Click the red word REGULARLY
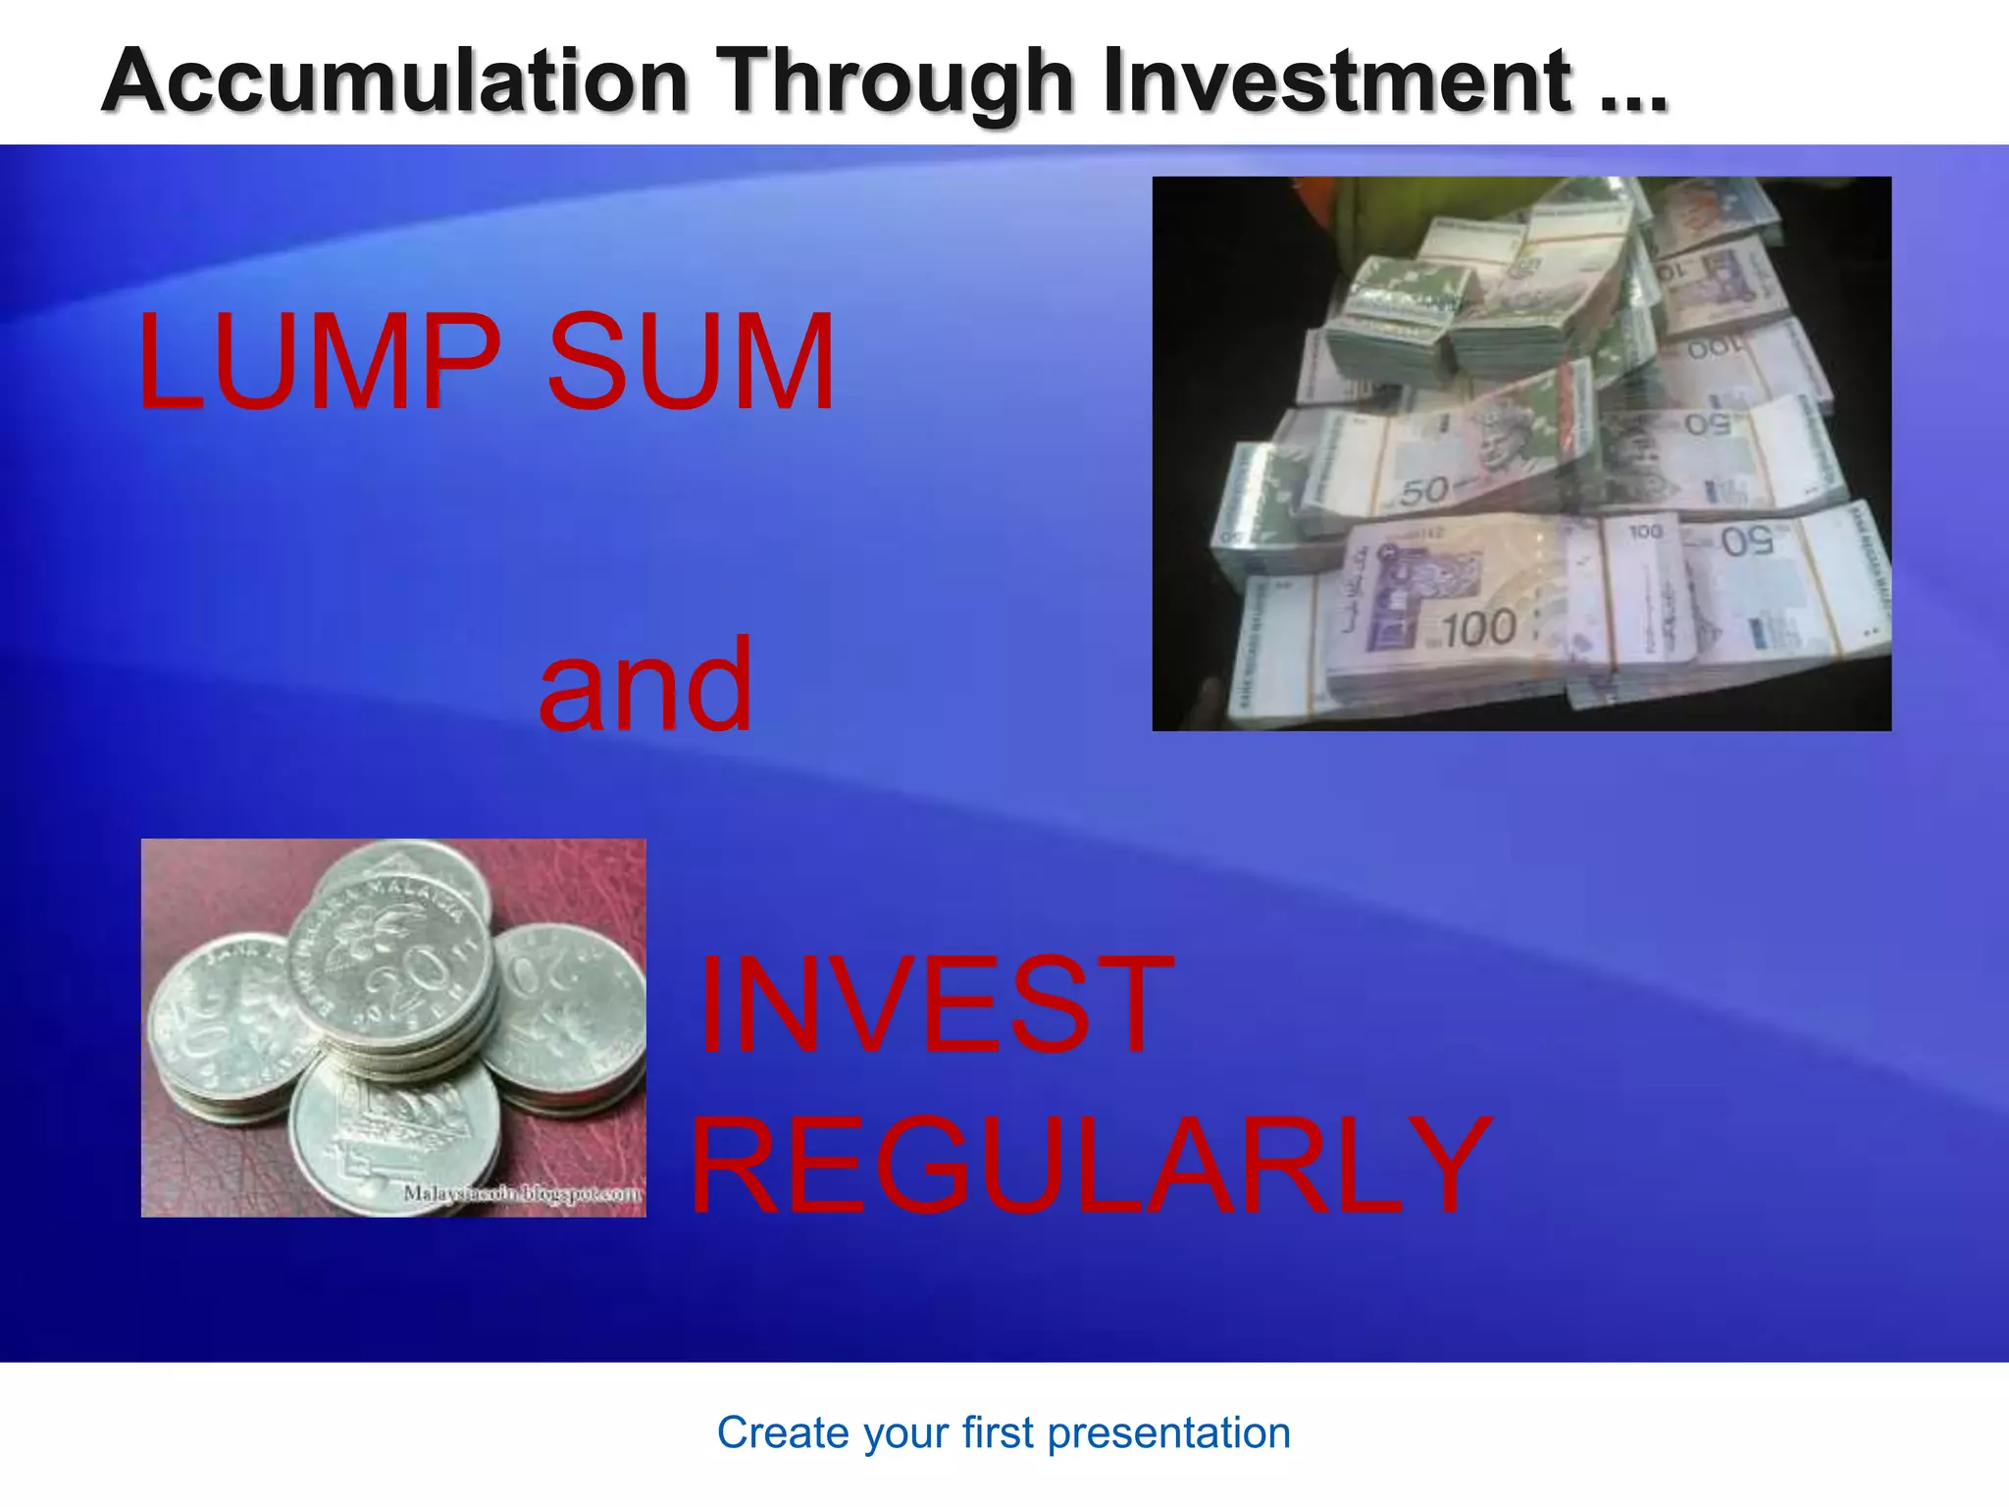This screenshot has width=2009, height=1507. [1089, 1168]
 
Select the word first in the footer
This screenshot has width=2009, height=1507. [998, 1433]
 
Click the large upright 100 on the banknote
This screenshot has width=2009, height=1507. [1479, 629]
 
